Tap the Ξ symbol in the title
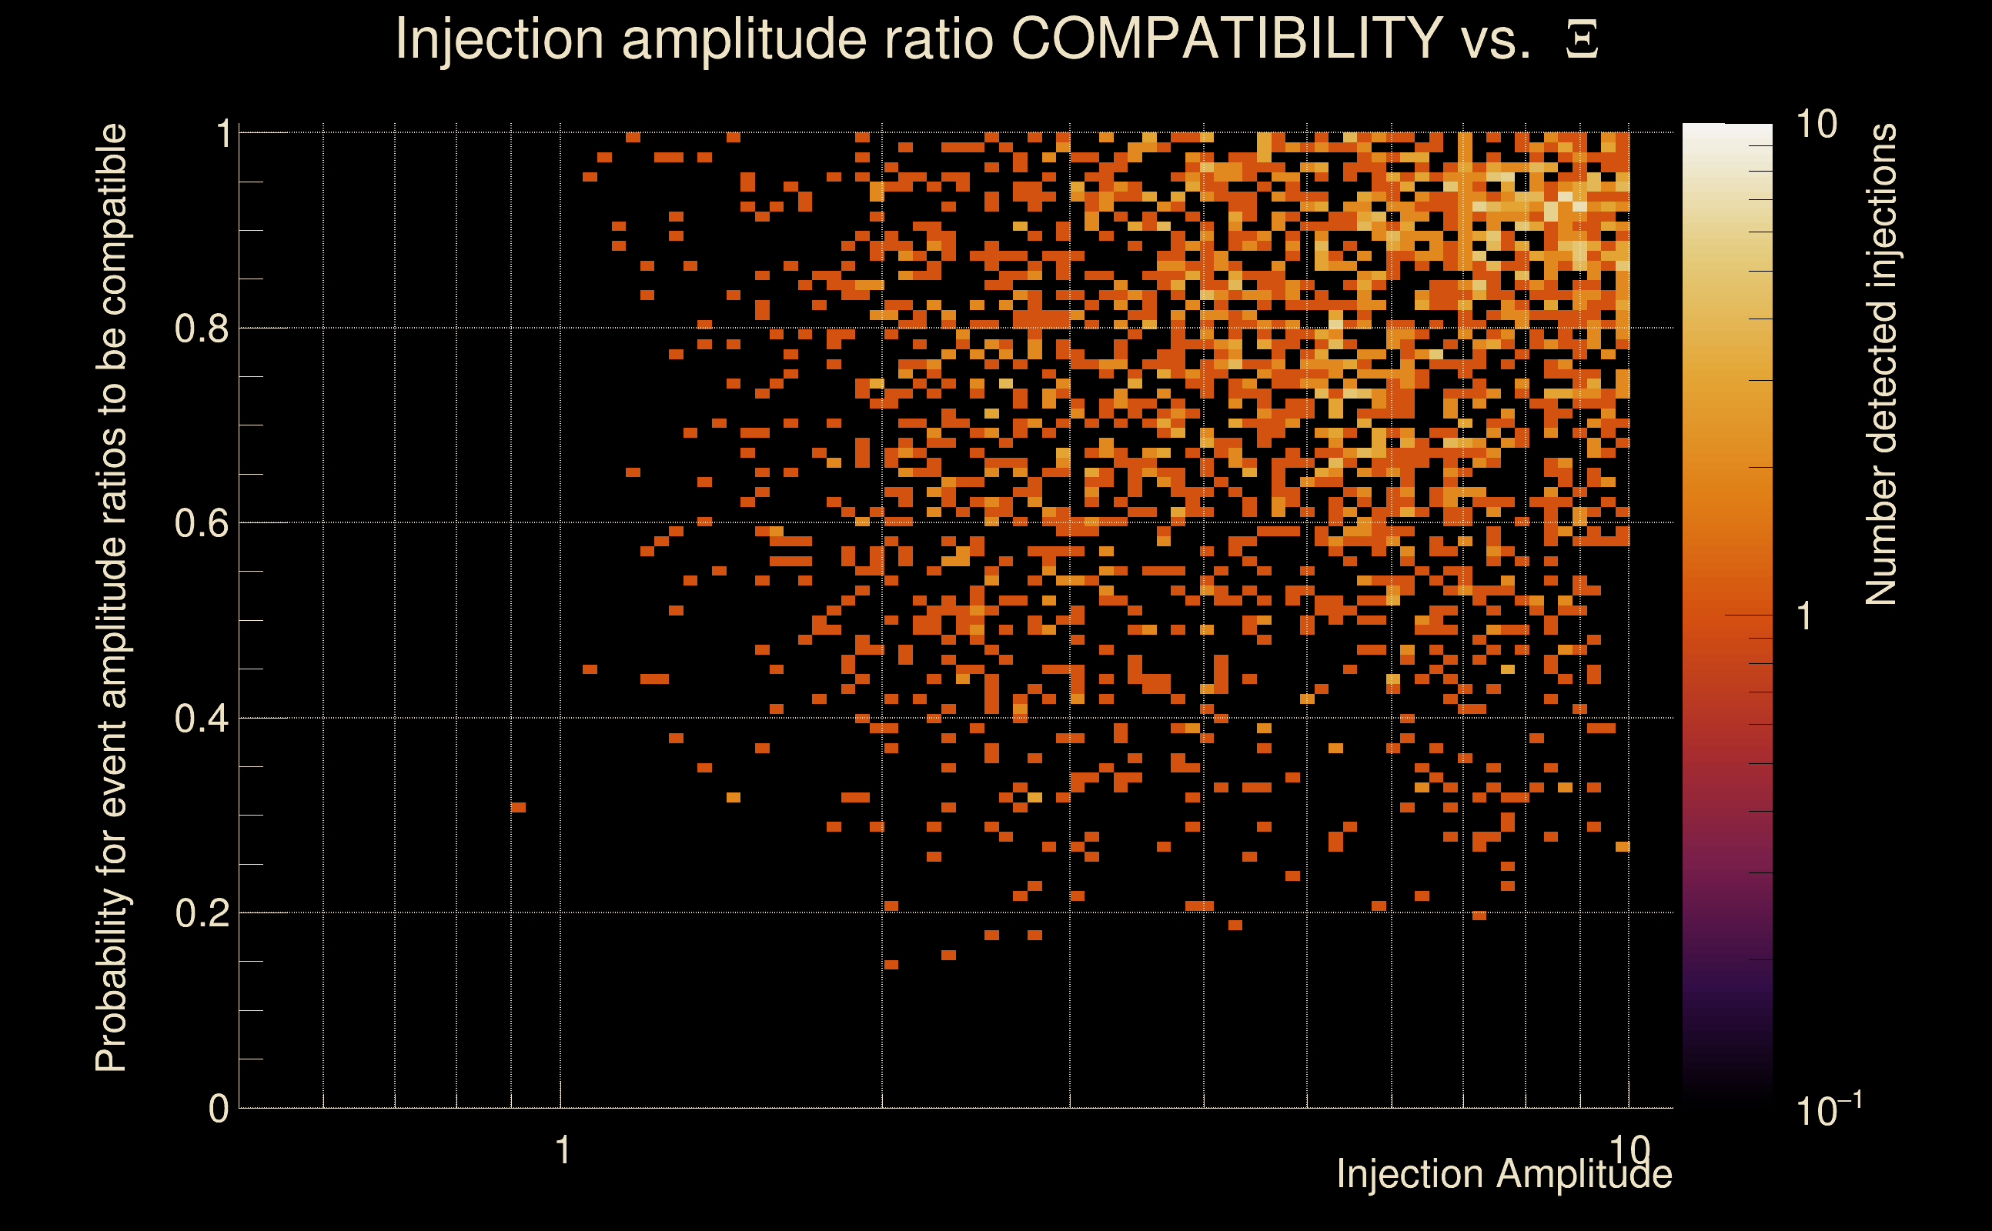1582,40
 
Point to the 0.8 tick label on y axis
202,329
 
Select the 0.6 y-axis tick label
202,523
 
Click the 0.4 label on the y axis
202,719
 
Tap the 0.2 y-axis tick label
202,913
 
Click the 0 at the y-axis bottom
219,1109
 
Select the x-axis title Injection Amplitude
1504,1174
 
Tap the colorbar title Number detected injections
1881,364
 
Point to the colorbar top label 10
1816,125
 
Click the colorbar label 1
1805,616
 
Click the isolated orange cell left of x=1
518,808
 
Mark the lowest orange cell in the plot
891,965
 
